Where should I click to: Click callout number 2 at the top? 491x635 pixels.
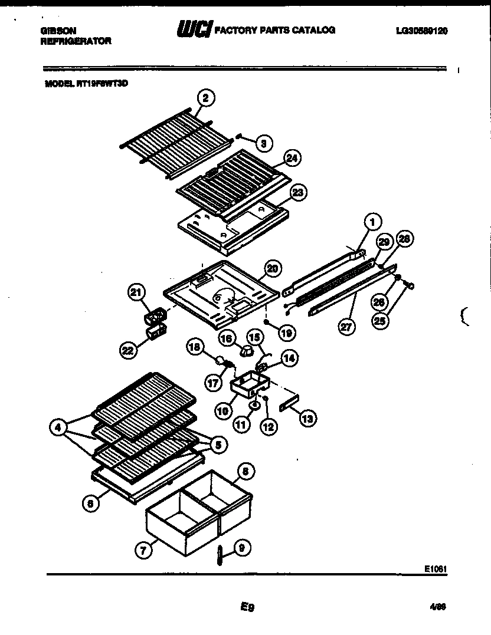pos(205,97)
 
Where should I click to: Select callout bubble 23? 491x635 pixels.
pos(297,192)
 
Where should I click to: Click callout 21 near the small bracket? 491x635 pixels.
pos(137,292)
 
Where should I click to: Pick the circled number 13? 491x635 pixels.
pos(307,418)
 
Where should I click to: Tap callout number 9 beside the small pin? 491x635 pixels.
pos(241,547)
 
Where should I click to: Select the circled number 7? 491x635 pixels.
pos(142,551)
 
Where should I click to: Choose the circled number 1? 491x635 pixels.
pos(372,222)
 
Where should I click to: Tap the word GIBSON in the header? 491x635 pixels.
pos(58,29)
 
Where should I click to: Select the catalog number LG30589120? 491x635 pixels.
pos(421,31)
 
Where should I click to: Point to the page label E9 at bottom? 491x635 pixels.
pos(247,606)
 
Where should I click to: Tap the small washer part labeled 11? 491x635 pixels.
pos(254,406)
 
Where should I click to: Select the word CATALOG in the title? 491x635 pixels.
pos(315,29)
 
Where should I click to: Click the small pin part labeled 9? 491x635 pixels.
pos(219,555)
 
